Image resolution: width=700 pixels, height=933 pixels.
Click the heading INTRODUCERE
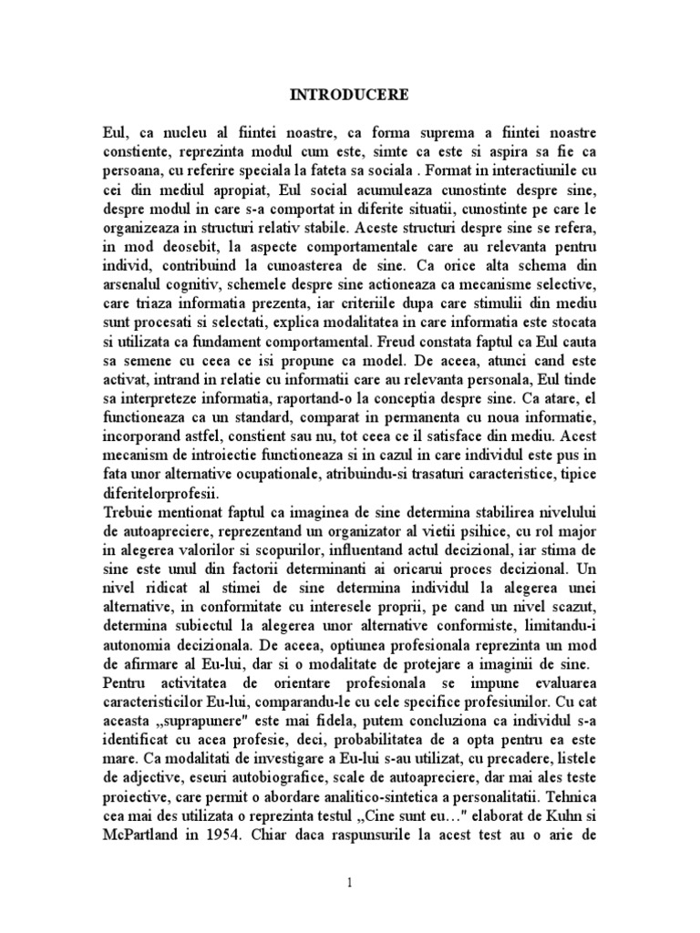(x=349, y=94)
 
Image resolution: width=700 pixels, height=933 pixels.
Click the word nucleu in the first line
(x=185, y=128)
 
